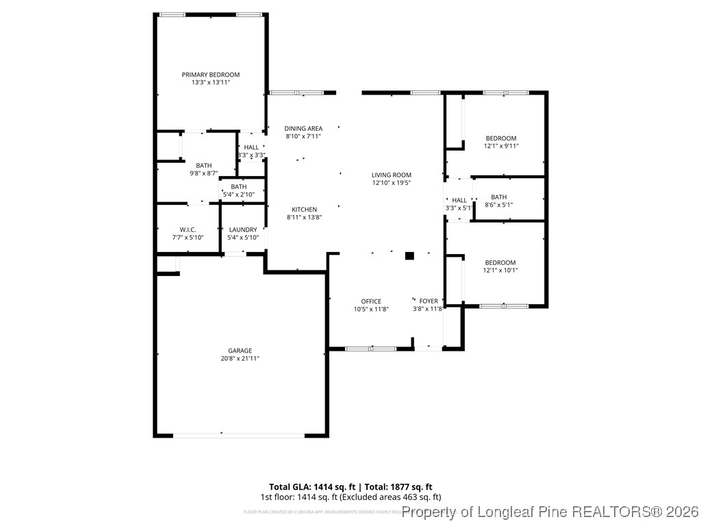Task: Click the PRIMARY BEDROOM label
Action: [x=211, y=75]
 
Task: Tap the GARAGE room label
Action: [x=240, y=351]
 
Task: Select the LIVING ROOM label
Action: [x=392, y=175]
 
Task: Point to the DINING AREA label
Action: [x=303, y=128]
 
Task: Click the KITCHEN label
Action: [x=304, y=210]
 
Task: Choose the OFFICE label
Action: [x=371, y=301]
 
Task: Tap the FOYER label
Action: [x=429, y=301]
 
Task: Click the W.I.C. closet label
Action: [x=188, y=229]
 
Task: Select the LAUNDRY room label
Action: [x=243, y=229]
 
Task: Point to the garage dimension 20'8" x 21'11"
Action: [x=240, y=358]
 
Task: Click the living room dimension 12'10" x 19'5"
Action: [x=392, y=183]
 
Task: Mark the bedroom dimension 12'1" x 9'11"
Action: [x=500, y=146]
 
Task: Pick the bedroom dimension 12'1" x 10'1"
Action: [x=500, y=270]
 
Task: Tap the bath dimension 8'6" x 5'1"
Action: [x=498, y=205]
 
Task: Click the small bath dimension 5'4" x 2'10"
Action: [x=238, y=195]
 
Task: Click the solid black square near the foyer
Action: [x=409, y=256]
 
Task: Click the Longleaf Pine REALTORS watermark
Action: [x=550, y=512]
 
